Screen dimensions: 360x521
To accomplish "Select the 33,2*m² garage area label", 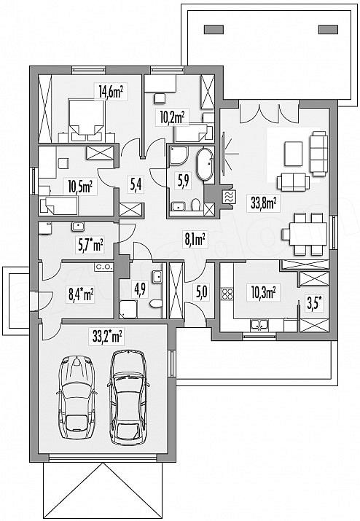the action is [107, 337].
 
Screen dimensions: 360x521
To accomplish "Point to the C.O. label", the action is [105, 267].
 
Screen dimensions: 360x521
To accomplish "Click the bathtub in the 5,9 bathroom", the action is [206, 165].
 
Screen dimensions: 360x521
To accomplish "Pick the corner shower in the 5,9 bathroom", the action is [179, 155].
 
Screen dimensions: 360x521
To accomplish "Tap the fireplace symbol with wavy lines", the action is [229, 197].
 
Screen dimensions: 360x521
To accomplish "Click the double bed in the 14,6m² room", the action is [87, 118].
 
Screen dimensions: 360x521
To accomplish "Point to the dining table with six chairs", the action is [305, 234].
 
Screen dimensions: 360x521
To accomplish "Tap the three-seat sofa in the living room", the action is [318, 153].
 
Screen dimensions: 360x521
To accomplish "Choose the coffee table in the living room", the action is [293, 154].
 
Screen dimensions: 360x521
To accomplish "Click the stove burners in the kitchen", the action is [227, 294].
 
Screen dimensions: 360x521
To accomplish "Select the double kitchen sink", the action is [260, 325].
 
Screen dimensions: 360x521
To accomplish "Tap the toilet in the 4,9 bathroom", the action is [155, 303].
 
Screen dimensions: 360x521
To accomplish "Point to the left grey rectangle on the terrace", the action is [214, 30].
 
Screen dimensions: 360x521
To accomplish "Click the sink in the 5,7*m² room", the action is [78, 227].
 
